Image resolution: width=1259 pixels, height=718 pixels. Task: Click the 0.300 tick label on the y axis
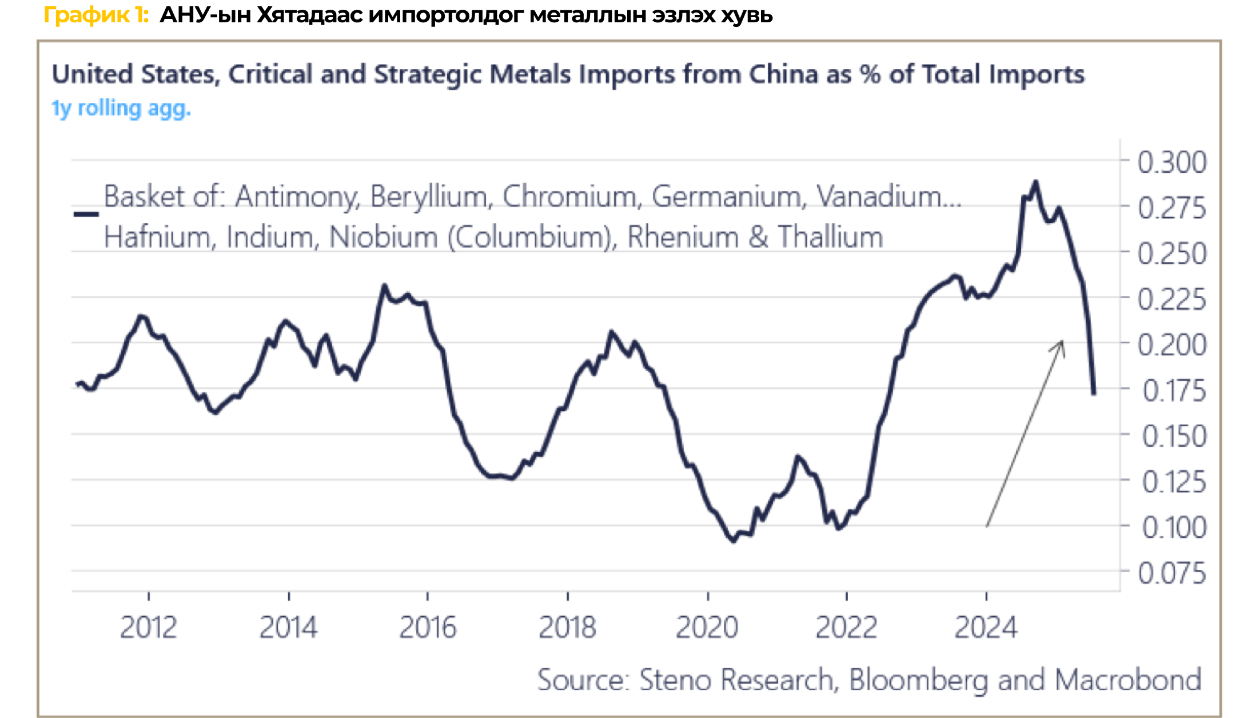click(1172, 162)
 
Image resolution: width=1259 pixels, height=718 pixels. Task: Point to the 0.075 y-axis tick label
click(1172, 573)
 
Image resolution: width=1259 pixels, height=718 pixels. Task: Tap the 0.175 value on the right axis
click(1174, 391)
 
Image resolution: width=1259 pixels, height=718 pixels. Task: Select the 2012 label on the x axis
click(149, 628)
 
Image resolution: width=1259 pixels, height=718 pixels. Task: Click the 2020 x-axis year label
click(707, 628)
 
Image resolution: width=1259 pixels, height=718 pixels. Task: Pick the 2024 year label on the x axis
click(986, 628)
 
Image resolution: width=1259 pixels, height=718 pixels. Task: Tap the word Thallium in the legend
click(830, 237)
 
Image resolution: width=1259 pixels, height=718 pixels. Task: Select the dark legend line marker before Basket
click(86, 214)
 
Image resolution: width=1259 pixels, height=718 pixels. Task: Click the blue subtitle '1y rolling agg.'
click(121, 108)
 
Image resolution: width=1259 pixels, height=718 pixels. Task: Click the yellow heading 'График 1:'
click(96, 15)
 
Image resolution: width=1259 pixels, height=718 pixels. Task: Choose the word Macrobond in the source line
click(1128, 680)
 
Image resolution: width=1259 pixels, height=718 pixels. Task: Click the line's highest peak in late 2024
click(1035, 183)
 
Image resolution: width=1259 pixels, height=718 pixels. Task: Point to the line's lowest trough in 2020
click(734, 540)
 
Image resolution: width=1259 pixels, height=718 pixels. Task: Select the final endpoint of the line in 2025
click(1094, 393)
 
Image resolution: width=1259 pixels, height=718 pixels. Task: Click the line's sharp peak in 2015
click(384, 285)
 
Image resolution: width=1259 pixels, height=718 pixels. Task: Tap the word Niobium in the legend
click(383, 237)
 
